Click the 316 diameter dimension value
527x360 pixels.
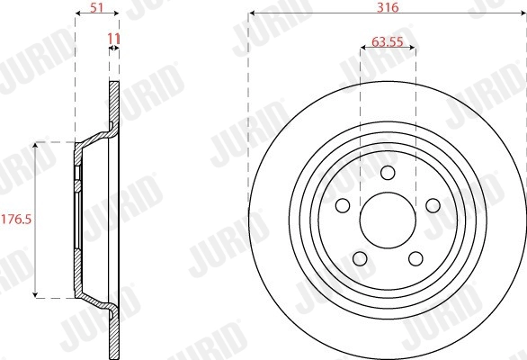coord(388,5)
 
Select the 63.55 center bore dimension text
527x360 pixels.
coord(388,40)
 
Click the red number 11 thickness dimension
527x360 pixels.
coord(113,40)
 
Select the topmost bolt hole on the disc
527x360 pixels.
coord(388,174)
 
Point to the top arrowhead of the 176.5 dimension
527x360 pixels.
coord(36,144)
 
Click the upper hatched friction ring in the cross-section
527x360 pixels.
coord(114,103)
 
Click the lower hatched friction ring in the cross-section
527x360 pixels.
coord(114,333)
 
